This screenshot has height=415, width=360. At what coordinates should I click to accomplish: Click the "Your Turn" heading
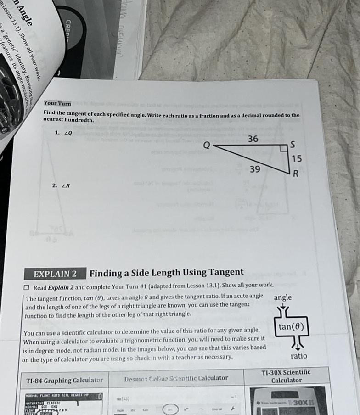tap(57, 103)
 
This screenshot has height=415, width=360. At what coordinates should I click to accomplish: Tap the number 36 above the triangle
tap(253, 139)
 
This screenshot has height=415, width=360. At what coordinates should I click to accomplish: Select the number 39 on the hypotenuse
tap(255, 169)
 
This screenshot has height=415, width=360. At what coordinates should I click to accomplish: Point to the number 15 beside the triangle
tap(297, 158)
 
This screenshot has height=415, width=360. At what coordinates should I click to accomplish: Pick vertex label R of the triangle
tap(296, 174)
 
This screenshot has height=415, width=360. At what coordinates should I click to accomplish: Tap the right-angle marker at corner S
tap(283, 148)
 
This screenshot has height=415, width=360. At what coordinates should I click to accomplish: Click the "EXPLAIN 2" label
tap(55, 274)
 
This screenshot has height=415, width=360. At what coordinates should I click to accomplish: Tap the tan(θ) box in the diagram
tap(293, 328)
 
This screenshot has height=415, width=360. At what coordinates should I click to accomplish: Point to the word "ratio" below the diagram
tap(298, 355)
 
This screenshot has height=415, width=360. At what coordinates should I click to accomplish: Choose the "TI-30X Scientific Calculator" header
tap(286, 376)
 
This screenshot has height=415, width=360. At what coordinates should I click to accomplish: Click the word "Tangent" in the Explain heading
tap(223, 272)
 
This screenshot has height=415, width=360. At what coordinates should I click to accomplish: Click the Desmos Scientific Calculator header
tap(176, 378)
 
